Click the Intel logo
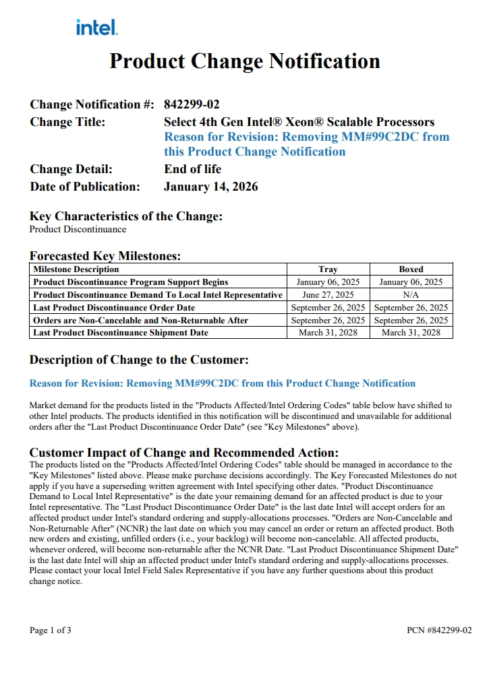(x=97, y=28)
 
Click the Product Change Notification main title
(x=245, y=61)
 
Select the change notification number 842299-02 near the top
(x=192, y=104)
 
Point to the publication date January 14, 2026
(x=210, y=187)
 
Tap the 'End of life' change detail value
(x=192, y=169)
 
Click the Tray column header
(x=328, y=269)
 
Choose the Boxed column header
(x=411, y=269)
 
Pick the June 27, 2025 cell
(x=328, y=295)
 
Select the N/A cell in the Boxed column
(x=411, y=295)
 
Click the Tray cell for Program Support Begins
(x=328, y=282)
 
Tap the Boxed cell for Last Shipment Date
(x=411, y=333)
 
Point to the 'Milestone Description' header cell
(x=76, y=269)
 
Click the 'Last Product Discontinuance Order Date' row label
(x=114, y=308)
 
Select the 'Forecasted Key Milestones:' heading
(x=105, y=256)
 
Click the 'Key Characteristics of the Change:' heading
(x=126, y=216)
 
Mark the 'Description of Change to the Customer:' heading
(x=139, y=360)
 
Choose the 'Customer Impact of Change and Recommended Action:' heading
(x=184, y=453)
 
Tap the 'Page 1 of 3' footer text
(x=51, y=630)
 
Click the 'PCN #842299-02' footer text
(x=439, y=630)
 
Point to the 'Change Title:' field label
(x=67, y=122)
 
